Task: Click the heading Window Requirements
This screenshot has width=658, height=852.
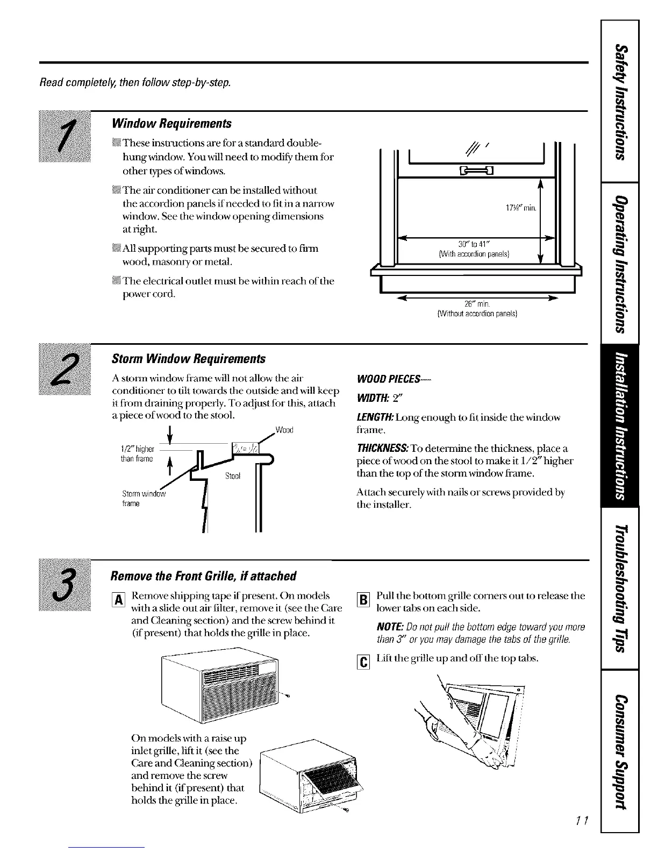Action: click(171, 124)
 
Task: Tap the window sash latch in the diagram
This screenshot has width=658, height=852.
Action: click(477, 172)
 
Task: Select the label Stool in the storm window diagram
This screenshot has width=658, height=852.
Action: click(233, 476)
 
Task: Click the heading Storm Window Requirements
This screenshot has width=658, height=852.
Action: click(188, 359)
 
